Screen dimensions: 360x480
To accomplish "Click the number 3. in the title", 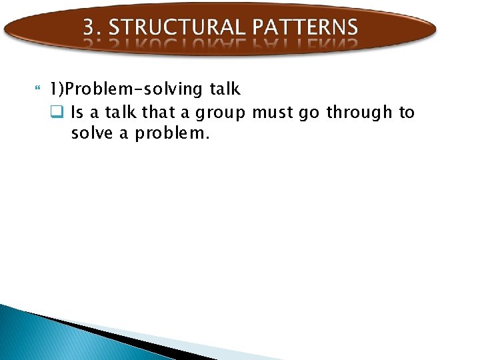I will pos(91,27).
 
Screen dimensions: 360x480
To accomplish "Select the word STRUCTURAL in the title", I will pos(176,27).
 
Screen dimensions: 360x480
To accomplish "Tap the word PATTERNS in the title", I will pos(305,27).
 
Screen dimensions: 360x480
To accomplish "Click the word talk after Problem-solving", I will pos(225,89).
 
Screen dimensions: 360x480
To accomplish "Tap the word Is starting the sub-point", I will pos(77,113).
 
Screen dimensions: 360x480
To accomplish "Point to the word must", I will pos(273,113).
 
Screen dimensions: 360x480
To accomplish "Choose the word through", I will pos(359,113).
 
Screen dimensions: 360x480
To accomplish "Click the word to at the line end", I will pos(407,113).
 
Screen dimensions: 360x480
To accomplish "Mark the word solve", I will pos(92,133).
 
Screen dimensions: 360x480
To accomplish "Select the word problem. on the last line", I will pos(172,134).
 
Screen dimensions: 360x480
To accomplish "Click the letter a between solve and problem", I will pos(125,135).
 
